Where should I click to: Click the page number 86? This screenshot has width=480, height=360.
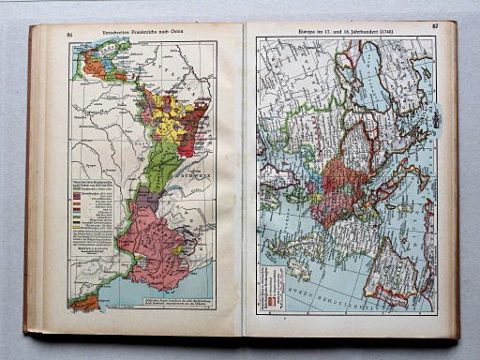[70, 35]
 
